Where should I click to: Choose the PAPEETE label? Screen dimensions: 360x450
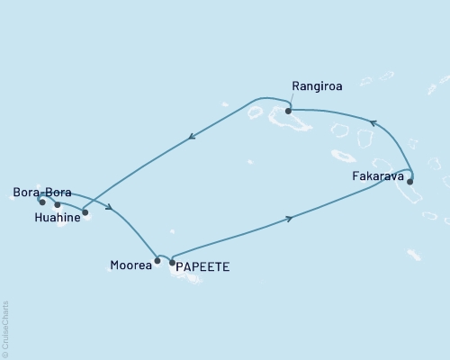(x=202, y=266)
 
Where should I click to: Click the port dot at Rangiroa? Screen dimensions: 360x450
(x=288, y=111)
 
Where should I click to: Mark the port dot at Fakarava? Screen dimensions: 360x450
(x=409, y=181)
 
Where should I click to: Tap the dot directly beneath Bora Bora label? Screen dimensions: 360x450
(x=42, y=202)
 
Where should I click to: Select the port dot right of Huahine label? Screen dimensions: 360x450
(x=85, y=212)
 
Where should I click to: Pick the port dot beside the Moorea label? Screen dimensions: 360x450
(x=157, y=261)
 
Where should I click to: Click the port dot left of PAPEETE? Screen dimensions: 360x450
(x=171, y=262)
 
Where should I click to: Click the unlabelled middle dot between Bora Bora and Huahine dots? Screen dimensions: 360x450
(x=58, y=204)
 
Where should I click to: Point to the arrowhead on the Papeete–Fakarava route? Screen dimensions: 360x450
(x=289, y=218)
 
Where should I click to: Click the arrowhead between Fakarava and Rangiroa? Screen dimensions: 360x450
(x=374, y=122)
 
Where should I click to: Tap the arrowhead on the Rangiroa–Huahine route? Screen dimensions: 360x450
(x=191, y=138)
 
